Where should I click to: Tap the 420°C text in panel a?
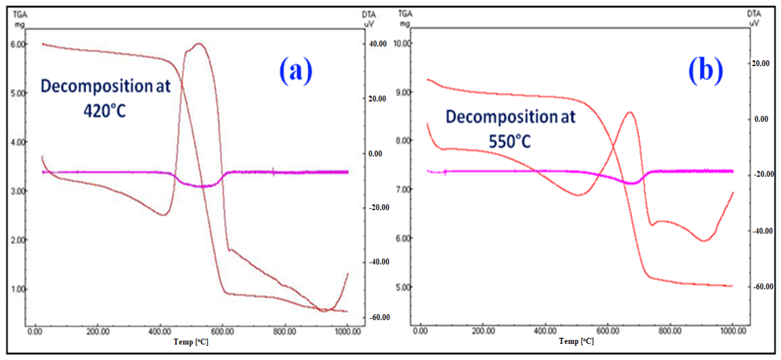click(x=105, y=111)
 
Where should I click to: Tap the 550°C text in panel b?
click(x=510, y=142)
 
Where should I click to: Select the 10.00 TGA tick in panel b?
click(x=402, y=43)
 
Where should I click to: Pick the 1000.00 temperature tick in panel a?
click(x=347, y=331)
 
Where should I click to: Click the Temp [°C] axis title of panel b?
click(x=576, y=341)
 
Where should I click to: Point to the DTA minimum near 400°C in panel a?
click(x=163, y=215)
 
